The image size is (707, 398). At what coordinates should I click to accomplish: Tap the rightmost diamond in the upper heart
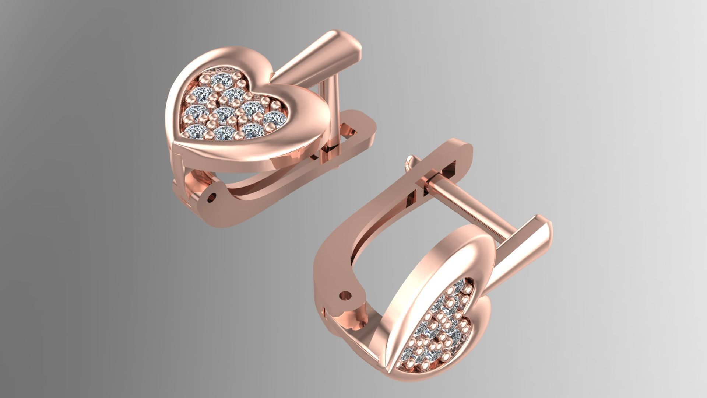tap(274, 118)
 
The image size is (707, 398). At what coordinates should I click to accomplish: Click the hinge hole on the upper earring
tap(211, 198)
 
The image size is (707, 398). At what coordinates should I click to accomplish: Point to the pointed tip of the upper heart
tap(176, 143)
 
